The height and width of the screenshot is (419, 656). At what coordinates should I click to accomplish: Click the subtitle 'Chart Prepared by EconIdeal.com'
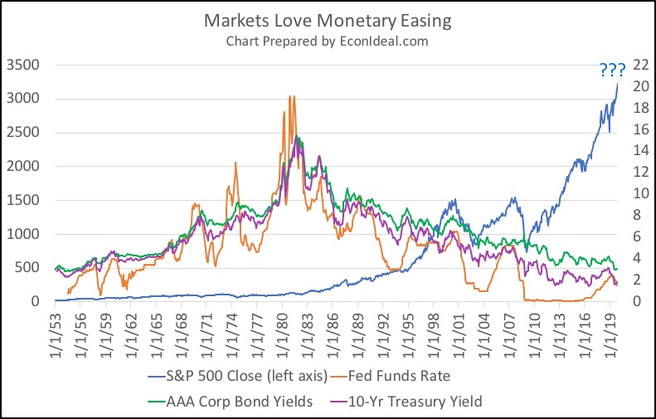[328, 40]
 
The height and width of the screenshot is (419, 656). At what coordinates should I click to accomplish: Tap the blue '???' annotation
[613, 71]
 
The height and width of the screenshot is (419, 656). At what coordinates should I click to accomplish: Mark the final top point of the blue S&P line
[618, 83]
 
